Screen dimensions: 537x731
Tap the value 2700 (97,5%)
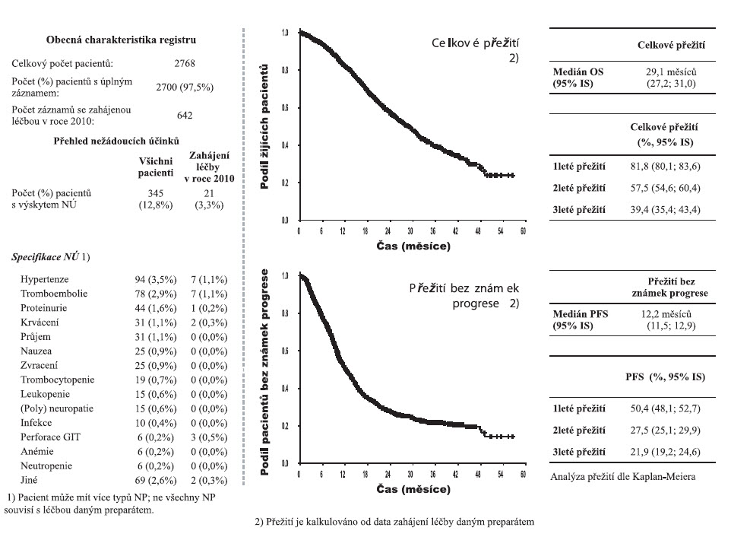click(184, 87)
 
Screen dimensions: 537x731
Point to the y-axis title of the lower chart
click(265, 370)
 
